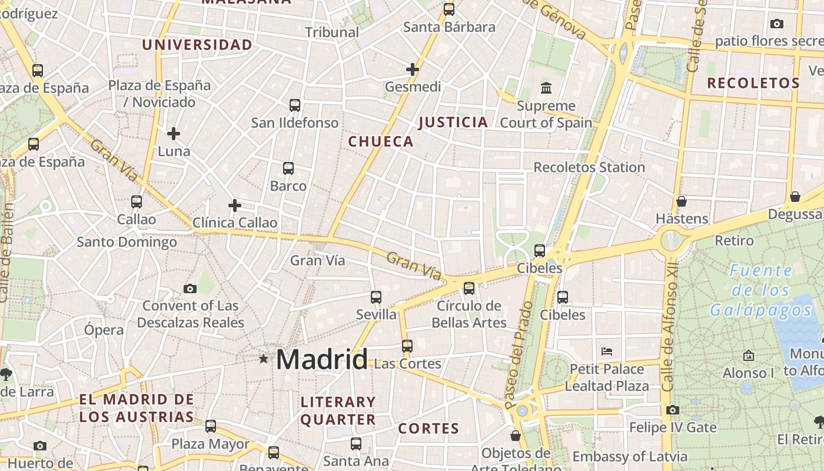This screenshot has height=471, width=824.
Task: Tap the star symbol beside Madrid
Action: [263, 358]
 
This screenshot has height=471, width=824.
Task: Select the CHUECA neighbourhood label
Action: [381, 141]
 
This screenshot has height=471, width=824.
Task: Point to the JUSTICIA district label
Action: [453, 122]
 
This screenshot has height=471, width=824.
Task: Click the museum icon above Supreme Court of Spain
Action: [546, 88]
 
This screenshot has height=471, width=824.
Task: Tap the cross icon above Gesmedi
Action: [413, 69]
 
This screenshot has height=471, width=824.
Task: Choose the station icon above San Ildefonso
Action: [295, 105]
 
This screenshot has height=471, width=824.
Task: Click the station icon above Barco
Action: [288, 168]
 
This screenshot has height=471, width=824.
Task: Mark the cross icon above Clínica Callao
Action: [235, 205]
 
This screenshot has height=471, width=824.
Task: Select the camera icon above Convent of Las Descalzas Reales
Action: [190, 288]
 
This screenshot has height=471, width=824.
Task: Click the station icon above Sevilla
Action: [376, 297]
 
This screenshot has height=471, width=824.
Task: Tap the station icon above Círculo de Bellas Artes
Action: [469, 288]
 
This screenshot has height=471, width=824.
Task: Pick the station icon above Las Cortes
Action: [407, 346]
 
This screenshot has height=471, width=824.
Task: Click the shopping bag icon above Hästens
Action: [682, 201]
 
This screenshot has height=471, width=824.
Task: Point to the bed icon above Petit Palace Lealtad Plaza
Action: [607, 351]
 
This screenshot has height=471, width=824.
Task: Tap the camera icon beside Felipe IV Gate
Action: [673, 410]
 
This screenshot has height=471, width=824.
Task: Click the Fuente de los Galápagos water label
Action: [761, 290]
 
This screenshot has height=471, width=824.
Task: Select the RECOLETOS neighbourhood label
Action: [753, 83]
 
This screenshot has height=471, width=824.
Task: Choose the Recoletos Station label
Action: [589, 167]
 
